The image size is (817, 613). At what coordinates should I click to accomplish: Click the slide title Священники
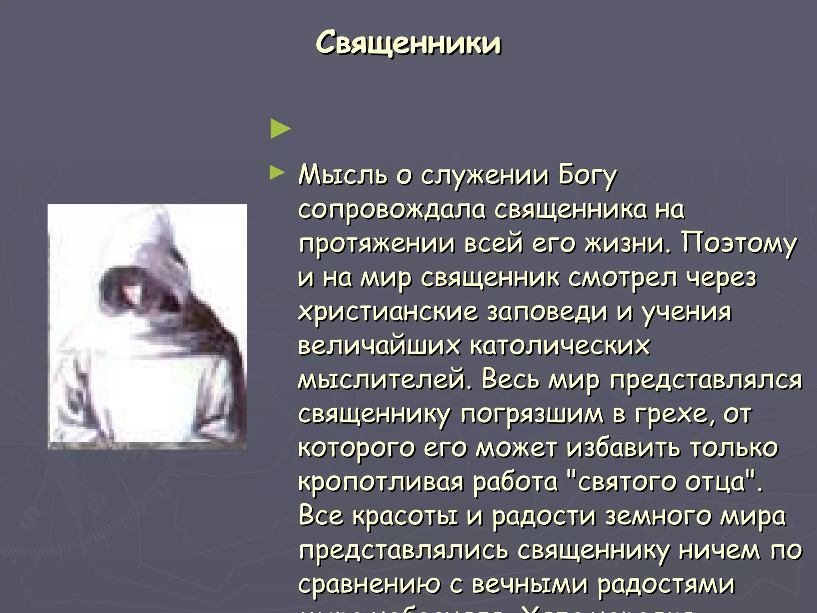408,43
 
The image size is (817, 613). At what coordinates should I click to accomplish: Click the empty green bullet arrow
280,129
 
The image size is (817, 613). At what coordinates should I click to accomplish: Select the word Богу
587,176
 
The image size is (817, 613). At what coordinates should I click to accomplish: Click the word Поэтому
739,243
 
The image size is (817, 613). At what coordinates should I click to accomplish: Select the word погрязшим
532,414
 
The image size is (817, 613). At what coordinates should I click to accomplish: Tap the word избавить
624,448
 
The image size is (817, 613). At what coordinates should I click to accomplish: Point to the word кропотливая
381,482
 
